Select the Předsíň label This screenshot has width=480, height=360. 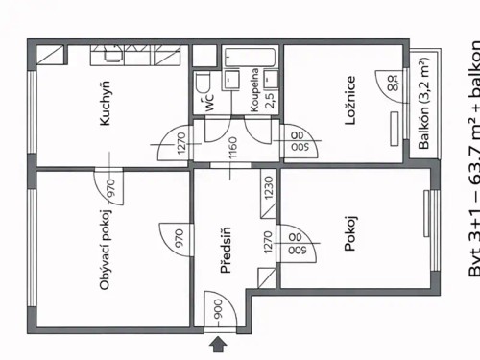227,252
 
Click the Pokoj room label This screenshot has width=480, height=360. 350,259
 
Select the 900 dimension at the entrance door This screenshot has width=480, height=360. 219,309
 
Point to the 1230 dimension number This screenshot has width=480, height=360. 268,185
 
